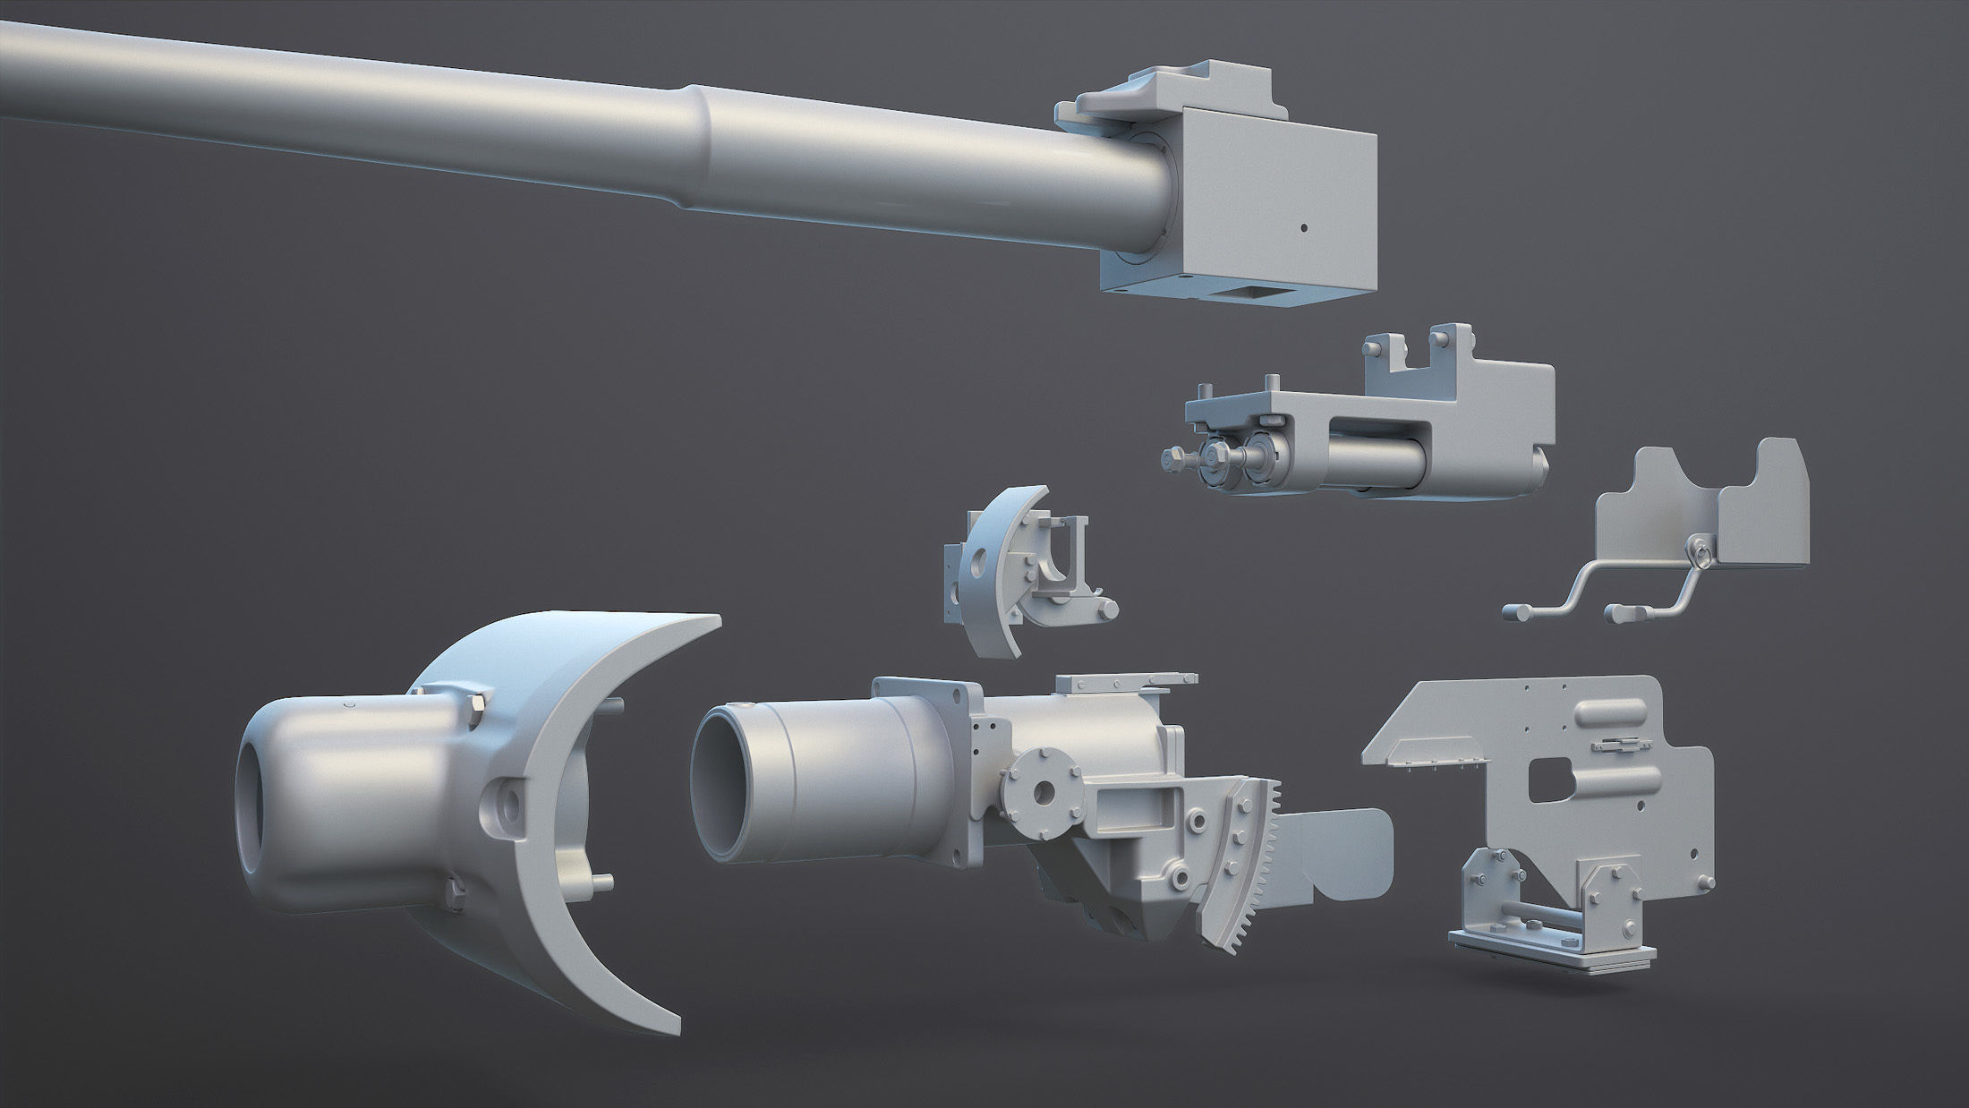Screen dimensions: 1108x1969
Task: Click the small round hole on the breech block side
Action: pos(1303,227)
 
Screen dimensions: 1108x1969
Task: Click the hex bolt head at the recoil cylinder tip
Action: pos(1172,459)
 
